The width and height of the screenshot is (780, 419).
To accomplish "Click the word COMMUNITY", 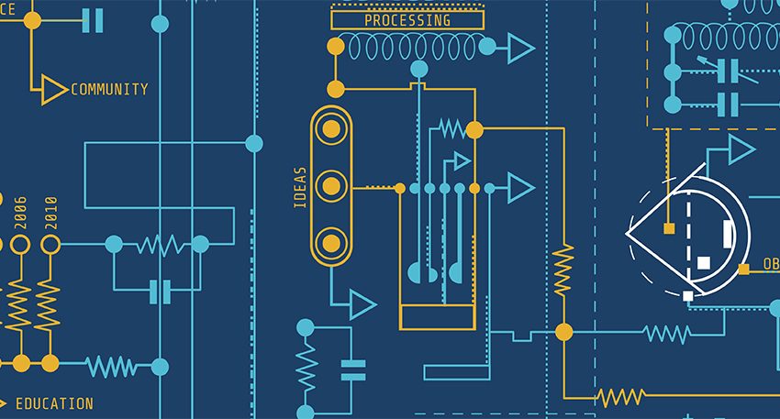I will (x=109, y=90).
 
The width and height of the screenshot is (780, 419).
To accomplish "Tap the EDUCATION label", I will (x=54, y=403).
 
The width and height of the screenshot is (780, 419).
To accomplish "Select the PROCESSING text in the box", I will (x=407, y=20).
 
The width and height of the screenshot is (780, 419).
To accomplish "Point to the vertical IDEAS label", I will (x=300, y=188).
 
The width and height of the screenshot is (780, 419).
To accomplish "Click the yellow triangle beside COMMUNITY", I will (x=53, y=90).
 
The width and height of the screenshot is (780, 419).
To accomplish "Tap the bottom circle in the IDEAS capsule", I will (x=330, y=243).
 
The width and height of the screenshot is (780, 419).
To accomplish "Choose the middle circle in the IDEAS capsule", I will (x=330, y=186).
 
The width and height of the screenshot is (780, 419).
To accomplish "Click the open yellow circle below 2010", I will (x=50, y=245).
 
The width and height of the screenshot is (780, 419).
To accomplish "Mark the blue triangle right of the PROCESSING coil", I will (x=520, y=48).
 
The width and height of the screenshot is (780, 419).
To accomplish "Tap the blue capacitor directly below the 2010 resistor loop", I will (x=162, y=292).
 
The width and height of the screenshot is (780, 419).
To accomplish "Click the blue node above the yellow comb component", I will (x=419, y=69).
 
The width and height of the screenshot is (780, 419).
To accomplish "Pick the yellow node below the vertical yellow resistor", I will (x=563, y=332).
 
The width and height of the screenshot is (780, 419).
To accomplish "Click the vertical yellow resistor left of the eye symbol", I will (x=563, y=269).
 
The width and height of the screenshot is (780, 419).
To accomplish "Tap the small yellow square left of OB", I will (x=743, y=270).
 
